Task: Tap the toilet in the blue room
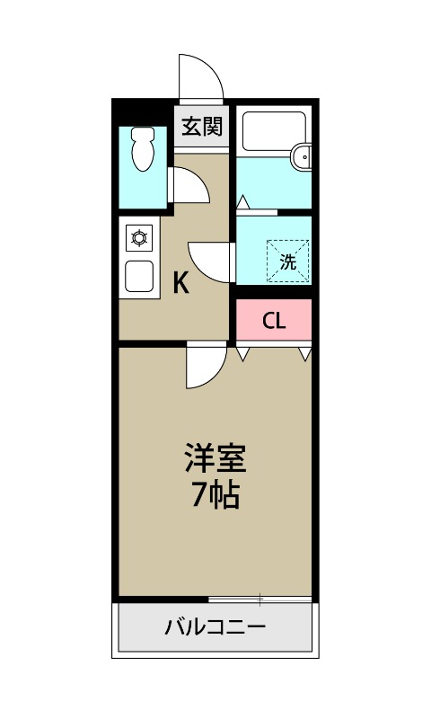pyautogui.click(x=143, y=149)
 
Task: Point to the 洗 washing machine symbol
pyautogui.click(x=287, y=262)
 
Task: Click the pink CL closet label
pyautogui.click(x=274, y=321)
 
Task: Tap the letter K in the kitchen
pyautogui.click(x=180, y=284)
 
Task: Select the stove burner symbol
pyautogui.click(x=139, y=238)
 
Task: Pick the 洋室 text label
pyautogui.click(x=215, y=458)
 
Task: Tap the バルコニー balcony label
pyautogui.click(x=215, y=626)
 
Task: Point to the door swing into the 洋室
pyautogui.click(x=204, y=367)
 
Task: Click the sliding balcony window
pyautogui.click(x=259, y=599)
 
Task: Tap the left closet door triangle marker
pyautogui.click(x=242, y=353)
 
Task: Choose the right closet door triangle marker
pyautogui.click(x=305, y=353)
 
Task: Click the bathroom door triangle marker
pyautogui.click(x=242, y=202)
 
